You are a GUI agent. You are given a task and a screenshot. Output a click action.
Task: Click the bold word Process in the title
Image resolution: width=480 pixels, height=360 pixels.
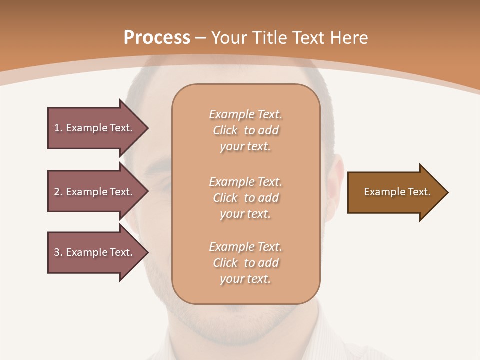tap(157, 38)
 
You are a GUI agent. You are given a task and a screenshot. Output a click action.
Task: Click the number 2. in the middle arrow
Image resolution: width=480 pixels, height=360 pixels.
tap(58, 192)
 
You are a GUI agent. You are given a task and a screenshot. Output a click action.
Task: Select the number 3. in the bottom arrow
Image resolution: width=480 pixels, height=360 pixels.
tap(58, 252)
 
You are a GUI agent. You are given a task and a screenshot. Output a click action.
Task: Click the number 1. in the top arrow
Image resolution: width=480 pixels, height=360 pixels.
tap(58, 128)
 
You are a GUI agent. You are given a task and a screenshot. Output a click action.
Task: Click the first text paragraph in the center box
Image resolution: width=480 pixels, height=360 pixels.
tap(245, 130)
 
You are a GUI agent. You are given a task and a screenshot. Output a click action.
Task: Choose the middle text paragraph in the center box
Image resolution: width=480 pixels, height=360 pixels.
tap(245, 198)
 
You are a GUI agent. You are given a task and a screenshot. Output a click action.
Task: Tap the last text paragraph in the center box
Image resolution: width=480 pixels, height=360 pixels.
tap(245, 263)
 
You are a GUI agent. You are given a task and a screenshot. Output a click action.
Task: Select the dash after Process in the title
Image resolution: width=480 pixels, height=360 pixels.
tap(200, 38)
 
